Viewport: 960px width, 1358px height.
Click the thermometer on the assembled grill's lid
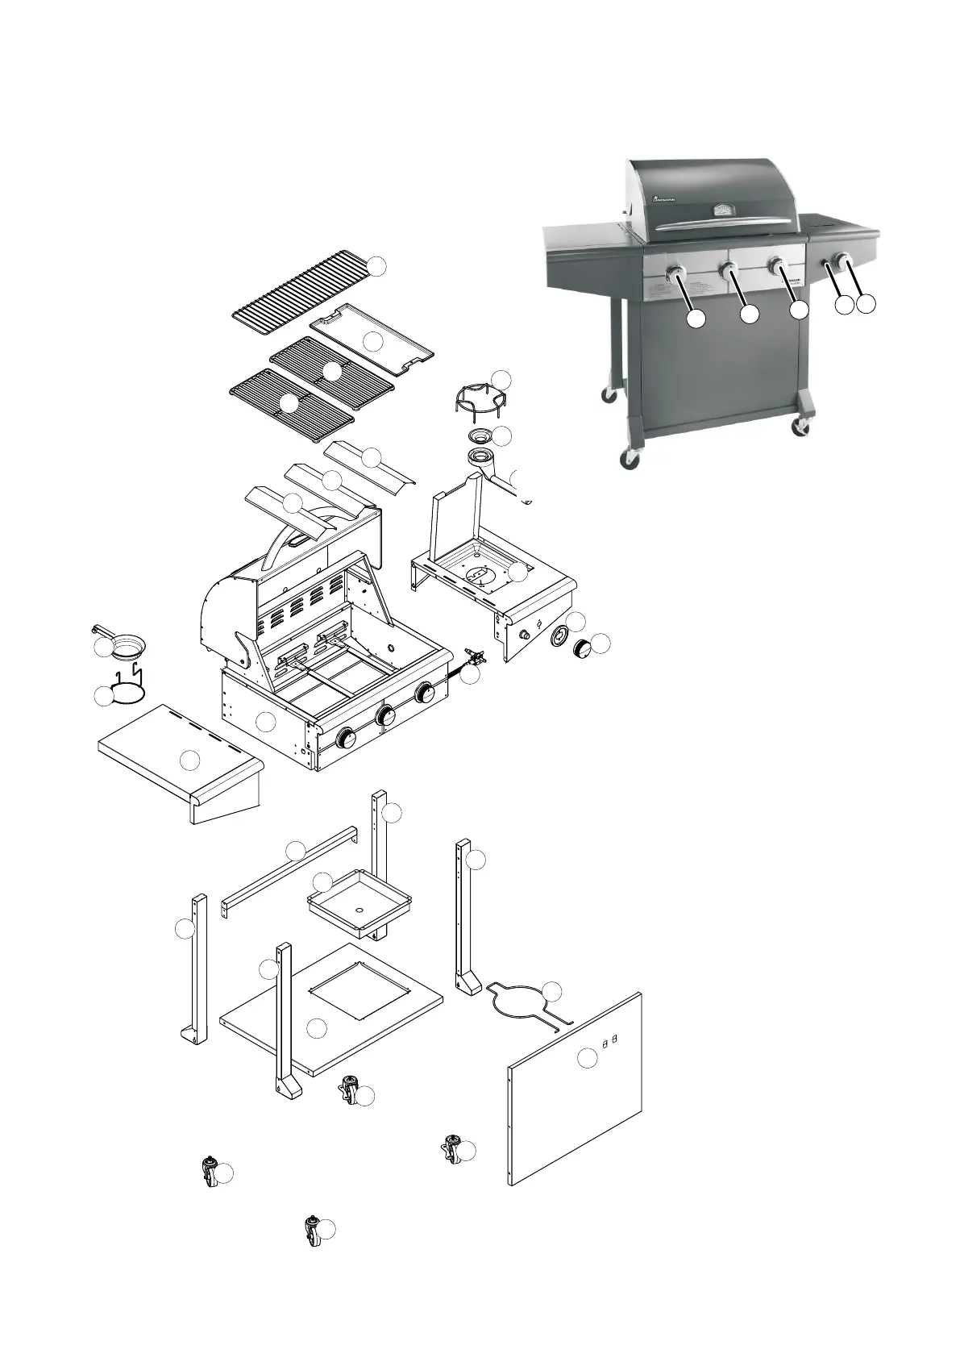[x=722, y=210]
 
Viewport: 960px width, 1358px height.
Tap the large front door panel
[x=576, y=1089]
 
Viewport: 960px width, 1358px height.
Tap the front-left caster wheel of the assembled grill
[x=628, y=460]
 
